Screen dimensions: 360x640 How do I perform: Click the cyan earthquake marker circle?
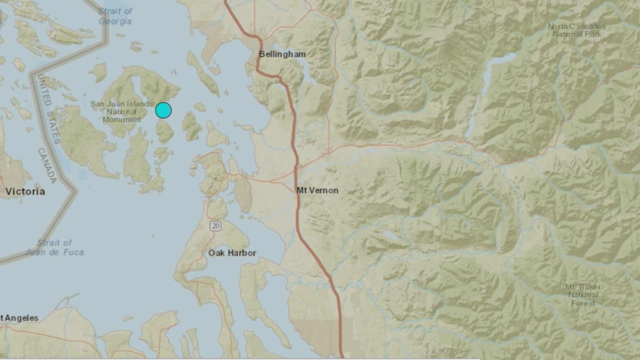point(163,110)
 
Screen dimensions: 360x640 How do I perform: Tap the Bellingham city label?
point(282,54)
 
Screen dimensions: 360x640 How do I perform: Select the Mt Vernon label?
point(317,190)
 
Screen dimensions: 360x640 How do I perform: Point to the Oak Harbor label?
point(232,253)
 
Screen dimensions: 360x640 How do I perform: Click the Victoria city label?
point(25,192)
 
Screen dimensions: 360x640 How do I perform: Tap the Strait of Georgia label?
point(115,16)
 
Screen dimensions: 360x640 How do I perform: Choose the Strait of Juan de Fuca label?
point(55,248)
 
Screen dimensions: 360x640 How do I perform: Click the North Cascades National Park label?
point(577,30)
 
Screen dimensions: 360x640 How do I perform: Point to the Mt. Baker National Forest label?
point(582,295)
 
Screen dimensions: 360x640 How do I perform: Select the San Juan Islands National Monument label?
point(122,112)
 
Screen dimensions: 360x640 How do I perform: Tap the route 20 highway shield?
point(216,226)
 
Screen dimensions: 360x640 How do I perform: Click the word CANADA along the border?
point(47,166)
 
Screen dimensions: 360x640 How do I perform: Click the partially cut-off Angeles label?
point(20,318)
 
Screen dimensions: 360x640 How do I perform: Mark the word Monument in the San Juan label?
point(122,120)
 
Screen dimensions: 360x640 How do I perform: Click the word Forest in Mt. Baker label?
point(582,303)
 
